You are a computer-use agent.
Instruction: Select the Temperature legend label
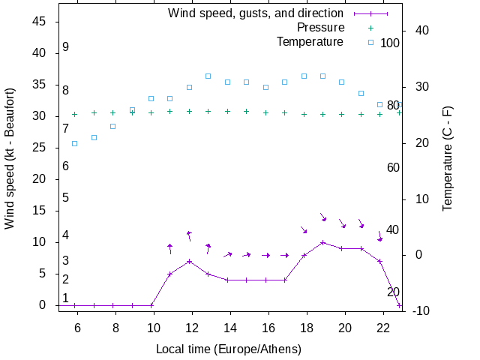click(x=310, y=41)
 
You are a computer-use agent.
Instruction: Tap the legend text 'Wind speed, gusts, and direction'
click(x=255, y=13)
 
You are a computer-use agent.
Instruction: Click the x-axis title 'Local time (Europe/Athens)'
click(x=228, y=349)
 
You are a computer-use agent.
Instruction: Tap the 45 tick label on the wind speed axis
click(x=40, y=22)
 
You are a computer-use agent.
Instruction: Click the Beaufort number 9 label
click(x=66, y=47)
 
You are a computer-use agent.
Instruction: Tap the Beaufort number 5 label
click(x=66, y=198)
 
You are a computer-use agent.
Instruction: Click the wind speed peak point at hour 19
click(x=322, y=242)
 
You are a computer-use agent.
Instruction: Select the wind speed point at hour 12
click(x=190, y=261)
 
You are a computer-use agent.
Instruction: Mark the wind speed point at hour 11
click(x=170, y=274)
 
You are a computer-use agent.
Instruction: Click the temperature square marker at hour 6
click(x=74, y=143)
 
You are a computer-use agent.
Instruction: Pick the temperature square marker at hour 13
click(x=208, y=76)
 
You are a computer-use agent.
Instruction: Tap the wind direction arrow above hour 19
click(x=322, y=217)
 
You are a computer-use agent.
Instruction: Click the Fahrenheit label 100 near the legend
click(x=390, y=43)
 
